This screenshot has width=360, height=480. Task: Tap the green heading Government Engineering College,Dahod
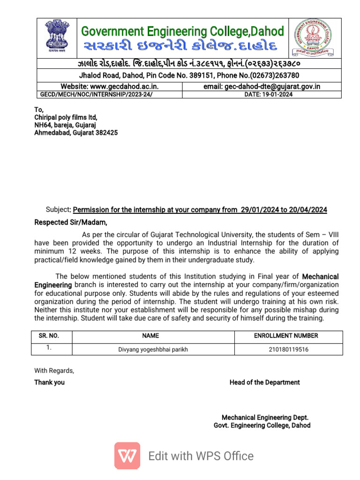click(182, 31)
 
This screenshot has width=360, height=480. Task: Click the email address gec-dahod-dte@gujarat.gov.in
click(269, 86)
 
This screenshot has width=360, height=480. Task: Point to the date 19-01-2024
click(269, 94)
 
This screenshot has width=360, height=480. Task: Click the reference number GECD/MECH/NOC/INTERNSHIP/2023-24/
click(96, 94)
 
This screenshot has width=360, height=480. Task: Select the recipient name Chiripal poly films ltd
click(66, 117)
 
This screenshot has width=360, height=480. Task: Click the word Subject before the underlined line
click(58, 210)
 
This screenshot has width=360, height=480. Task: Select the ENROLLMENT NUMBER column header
click(286, 336)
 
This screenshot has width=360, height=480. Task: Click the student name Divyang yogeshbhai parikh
click(153, 350)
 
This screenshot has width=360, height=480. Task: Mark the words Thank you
click(49, 382)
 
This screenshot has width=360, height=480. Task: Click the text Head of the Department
click(264, 382)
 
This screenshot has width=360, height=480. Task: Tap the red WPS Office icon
click(127, 456)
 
